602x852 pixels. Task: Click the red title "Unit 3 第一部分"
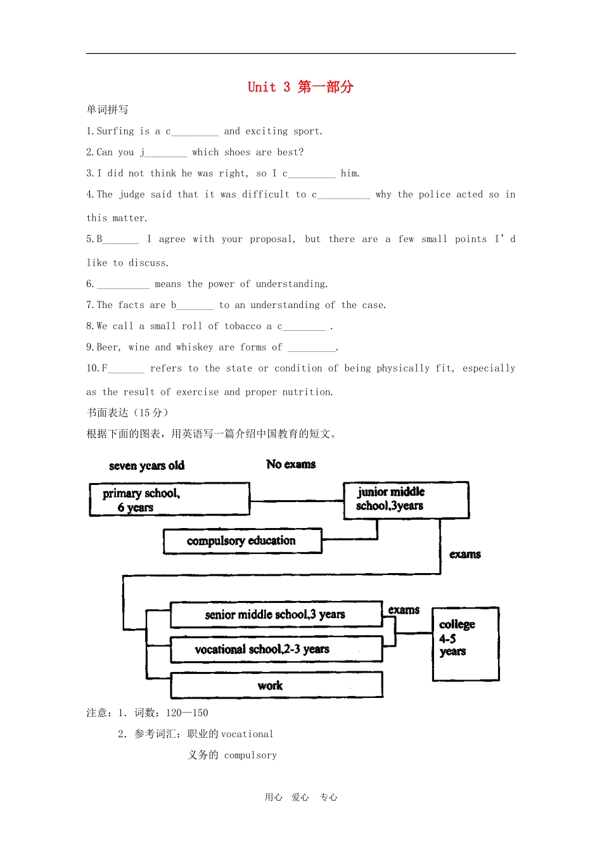coord(300,87)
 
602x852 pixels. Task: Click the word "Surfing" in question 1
coord(115,131)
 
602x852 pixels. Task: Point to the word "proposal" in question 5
coord(272,239)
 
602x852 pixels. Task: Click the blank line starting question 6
coord(123,287)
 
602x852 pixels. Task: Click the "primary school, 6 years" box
coord(170,500)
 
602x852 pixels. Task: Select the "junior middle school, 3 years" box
coord(406,500)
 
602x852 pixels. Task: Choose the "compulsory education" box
coord(243,541)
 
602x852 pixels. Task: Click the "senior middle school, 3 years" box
coord(276,614)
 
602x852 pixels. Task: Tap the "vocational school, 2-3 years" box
coord(276,649)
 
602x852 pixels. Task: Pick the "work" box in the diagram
coord(276,685)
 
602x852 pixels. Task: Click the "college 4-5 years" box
coord(466,644)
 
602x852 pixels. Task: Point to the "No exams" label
coord(291,464)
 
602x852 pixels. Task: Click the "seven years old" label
coord(147,465)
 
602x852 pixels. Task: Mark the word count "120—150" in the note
coord(187,713)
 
